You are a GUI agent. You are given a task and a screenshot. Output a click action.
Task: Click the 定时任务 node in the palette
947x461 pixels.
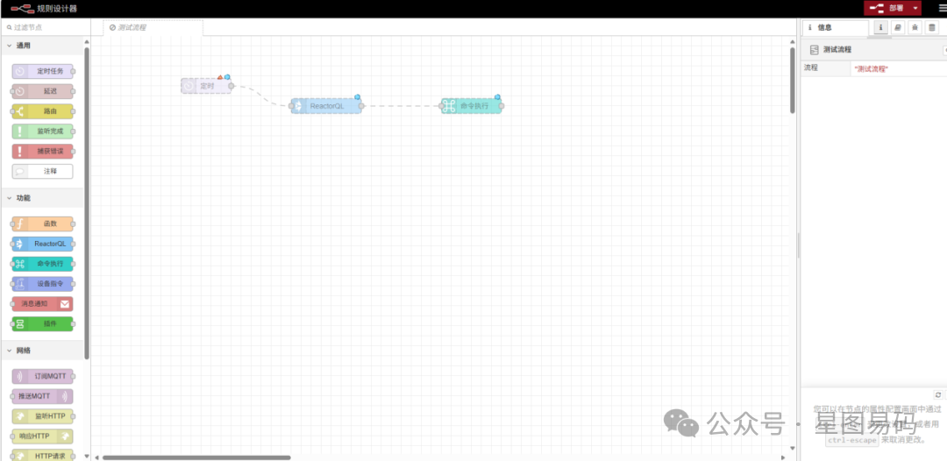pos(43,71)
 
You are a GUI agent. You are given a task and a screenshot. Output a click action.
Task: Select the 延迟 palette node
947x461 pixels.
pos(43,91)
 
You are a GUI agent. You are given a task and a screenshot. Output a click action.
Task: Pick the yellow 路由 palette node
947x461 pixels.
pos(43,111)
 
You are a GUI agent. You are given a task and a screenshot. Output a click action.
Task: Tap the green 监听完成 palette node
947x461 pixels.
pos(43,131)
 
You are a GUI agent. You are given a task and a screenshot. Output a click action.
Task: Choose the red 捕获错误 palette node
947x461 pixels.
pos(43,152)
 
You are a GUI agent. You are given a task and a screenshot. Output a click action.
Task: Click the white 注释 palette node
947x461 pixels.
pos(43,172)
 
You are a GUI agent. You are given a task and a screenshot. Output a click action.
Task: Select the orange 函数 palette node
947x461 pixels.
pos(43,224)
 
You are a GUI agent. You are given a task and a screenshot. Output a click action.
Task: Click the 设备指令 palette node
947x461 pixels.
pos(43,284)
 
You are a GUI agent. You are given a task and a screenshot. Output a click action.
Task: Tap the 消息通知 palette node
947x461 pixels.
pos(42,304)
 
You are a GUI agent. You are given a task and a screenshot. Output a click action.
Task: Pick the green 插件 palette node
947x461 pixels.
pos(43,324)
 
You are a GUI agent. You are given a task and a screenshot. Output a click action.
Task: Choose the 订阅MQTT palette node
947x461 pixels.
pos(43,376)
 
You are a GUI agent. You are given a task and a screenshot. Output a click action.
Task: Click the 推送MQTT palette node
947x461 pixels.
pos(42,396)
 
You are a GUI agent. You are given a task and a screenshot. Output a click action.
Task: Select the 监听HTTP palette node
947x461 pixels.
pos(43,416)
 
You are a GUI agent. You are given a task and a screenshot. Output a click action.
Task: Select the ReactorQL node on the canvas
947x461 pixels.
pos(326,106)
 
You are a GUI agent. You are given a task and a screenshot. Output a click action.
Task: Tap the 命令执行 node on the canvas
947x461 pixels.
pos(472,106)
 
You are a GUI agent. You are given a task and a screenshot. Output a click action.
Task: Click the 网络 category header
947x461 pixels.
pos(24,351)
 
